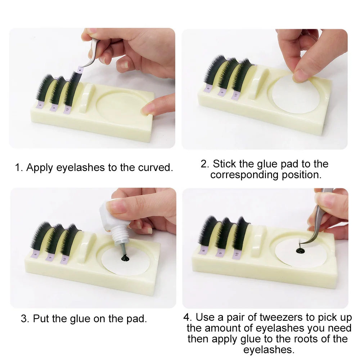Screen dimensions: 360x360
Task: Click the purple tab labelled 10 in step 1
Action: pos(67,109)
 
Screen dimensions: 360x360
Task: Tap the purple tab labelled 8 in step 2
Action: pos(208,89)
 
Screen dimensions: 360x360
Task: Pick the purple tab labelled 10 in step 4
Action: pos(237,255)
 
